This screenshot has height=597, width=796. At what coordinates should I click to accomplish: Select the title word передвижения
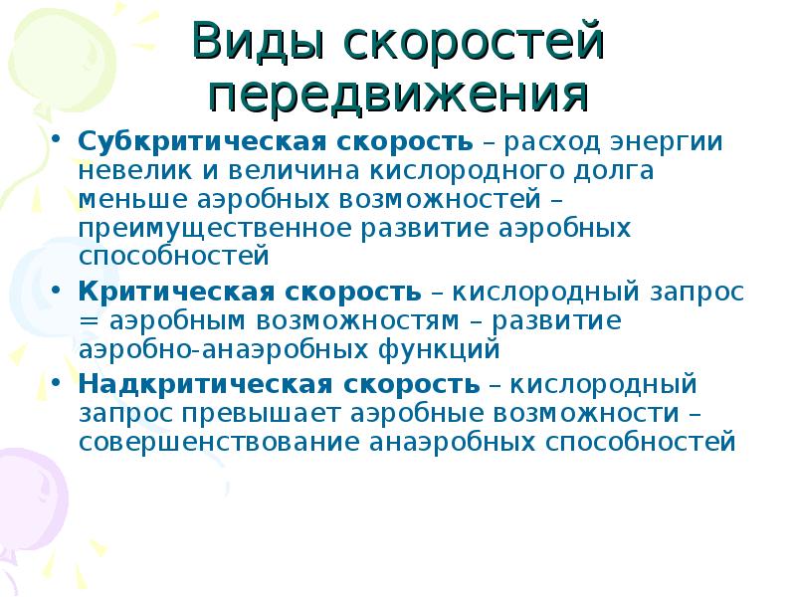coord(399,97)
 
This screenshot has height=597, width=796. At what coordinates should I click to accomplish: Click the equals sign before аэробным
coord(89,321)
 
